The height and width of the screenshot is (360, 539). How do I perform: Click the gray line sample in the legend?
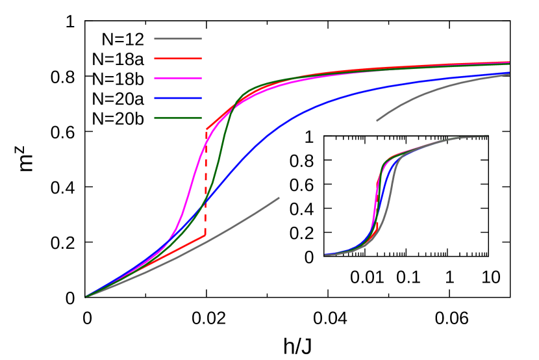point(177,39)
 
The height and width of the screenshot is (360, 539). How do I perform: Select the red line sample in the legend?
point(177,58)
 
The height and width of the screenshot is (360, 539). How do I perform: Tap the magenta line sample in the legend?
point(177,79)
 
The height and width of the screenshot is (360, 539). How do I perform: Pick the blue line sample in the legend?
point(177,99)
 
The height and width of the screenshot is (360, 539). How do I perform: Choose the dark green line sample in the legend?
point(177,118)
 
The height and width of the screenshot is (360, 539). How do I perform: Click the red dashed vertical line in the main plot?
point(206,182)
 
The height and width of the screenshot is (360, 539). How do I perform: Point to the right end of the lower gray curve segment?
point(279,198)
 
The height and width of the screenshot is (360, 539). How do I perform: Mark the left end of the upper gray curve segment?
point(377,120)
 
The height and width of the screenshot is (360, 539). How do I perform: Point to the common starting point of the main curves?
point(86,296)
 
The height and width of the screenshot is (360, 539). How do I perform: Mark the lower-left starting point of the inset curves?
point(326,255)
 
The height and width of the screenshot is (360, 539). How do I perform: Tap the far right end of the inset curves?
point(488,135)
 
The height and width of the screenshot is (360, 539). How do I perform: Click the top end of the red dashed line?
point(207,129)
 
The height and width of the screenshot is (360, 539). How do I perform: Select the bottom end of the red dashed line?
point(205,235)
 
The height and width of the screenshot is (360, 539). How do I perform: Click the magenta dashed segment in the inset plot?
point(377,201)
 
